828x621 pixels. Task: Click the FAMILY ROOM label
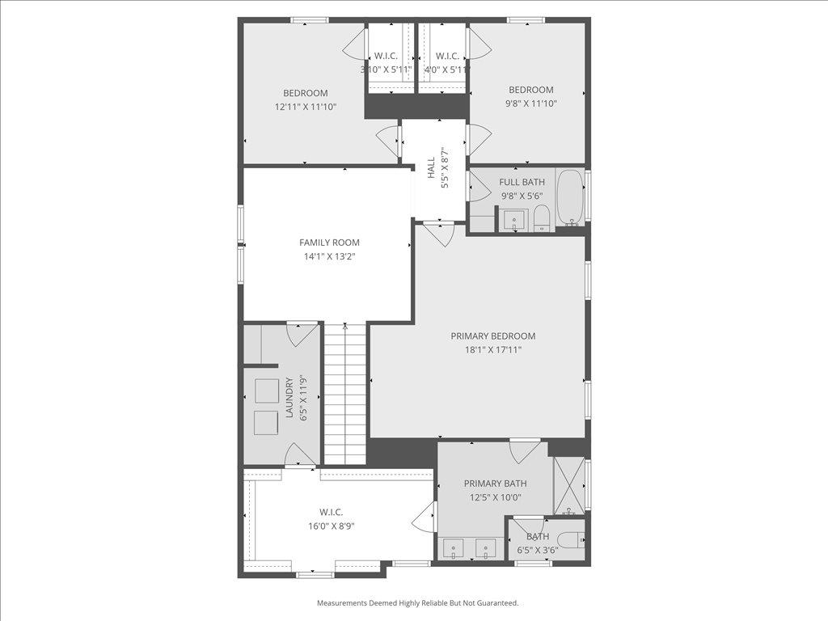coord(329,243)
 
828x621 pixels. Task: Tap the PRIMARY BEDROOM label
coord(492,336)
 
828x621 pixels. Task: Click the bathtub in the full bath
coord(570,196)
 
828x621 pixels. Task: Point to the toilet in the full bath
coord(542,218)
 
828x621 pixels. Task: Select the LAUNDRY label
coord(289,397)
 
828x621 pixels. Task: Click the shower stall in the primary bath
coord(568,485)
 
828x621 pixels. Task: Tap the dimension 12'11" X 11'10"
coord(305,107)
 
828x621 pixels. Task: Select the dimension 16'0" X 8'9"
coord(331,526)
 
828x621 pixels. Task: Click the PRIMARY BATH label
coord(495,484)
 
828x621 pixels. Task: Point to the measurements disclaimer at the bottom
coord(417,603)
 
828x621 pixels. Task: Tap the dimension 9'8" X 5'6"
coord(522,196)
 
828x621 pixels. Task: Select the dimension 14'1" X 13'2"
coord(329,256)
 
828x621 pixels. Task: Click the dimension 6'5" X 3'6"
coord(538,551)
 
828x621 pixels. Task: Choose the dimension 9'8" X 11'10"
coord(530,103)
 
